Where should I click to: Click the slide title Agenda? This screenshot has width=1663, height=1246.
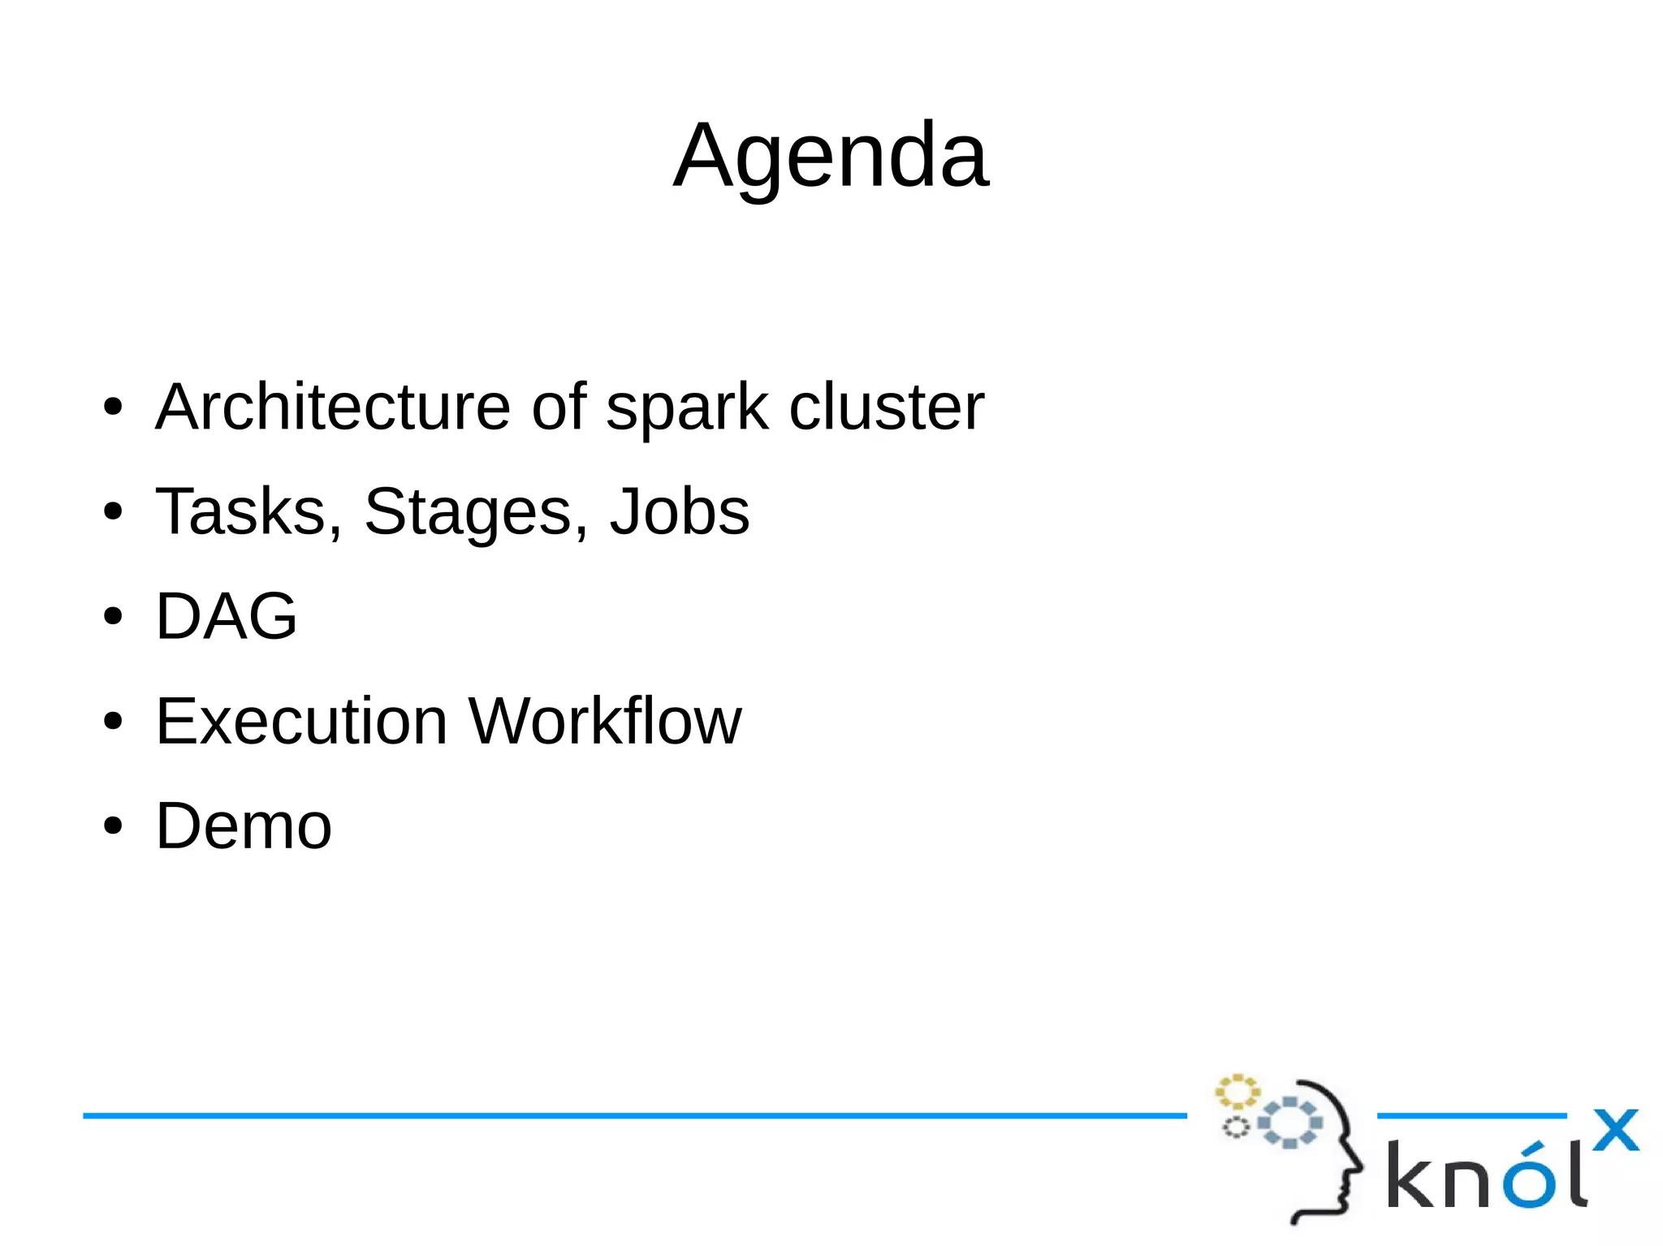[831, 154]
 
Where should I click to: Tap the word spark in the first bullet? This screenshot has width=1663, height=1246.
[686, 408]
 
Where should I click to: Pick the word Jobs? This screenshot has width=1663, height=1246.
[679, 511]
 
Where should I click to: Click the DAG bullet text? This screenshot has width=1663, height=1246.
[227, 616]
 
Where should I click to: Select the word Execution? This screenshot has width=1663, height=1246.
[301, 721]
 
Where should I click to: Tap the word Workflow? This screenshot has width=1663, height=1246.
[605, 721]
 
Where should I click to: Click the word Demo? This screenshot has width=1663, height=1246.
[244, 826]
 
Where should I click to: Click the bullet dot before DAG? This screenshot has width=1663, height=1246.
[113, 617]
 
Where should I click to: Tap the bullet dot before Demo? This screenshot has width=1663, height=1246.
[113, 826]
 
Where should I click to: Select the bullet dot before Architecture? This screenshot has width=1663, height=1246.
[113, 407]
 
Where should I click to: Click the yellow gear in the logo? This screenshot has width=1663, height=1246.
[1237, 1092]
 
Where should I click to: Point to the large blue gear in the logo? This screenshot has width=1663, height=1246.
[1289, 1123]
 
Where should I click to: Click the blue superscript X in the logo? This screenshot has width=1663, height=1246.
[1615, 1130]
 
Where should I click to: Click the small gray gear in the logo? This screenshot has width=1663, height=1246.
[1236, 1127]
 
